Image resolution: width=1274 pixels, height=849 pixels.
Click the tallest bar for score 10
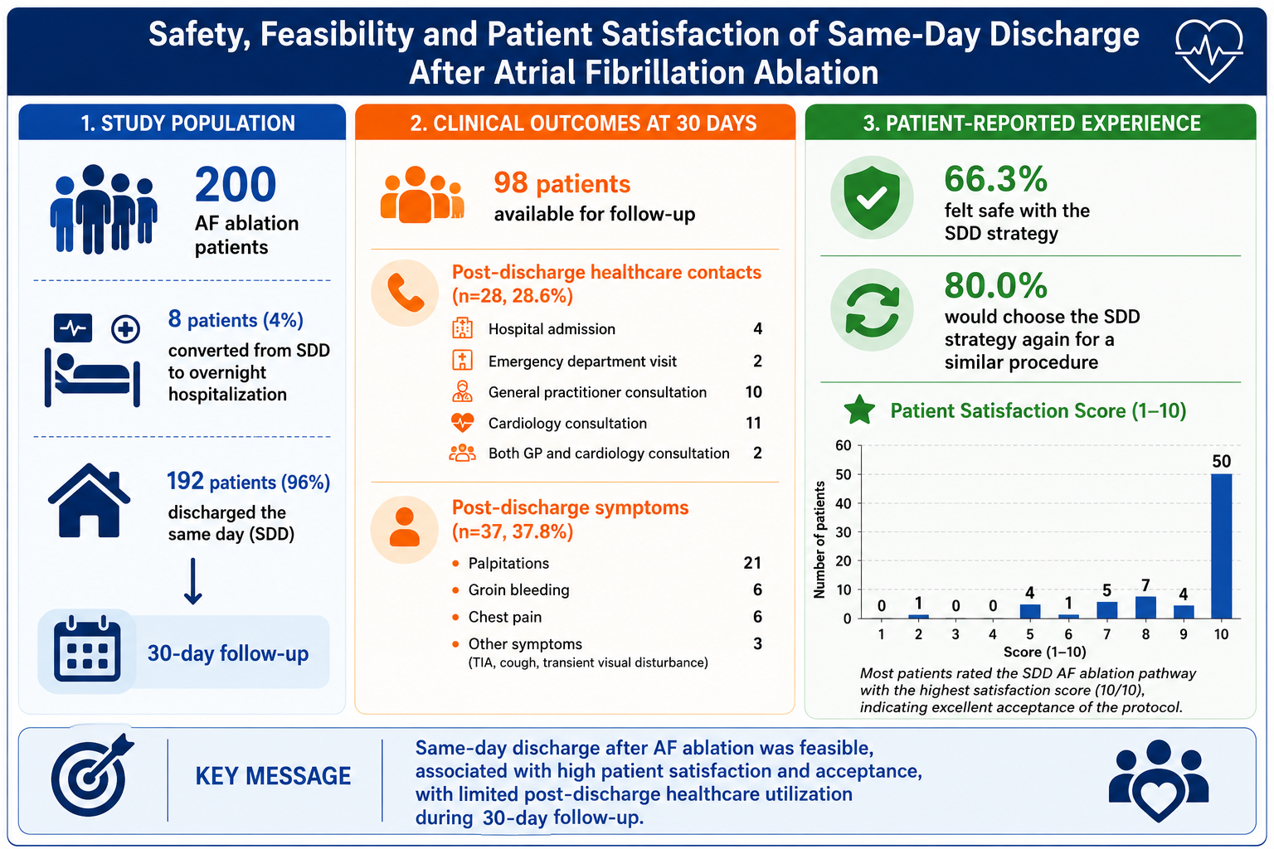point(1221,546)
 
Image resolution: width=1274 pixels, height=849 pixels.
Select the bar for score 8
point(1145,608)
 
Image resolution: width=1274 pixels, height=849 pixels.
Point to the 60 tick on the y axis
point(844,445)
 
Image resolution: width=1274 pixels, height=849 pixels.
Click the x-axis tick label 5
point(1030,634)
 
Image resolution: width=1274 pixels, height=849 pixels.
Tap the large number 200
point(236,184)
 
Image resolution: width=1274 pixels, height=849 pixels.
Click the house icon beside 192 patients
point(90,501)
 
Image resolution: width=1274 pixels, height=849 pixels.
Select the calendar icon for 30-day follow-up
point(87,648)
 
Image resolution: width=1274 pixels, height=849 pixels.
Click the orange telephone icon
point(405,293)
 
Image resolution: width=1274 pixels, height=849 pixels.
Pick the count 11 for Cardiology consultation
point(754,423)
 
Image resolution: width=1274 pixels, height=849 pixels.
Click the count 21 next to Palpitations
point(752,563)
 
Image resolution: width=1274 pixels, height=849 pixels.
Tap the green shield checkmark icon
point(872,198)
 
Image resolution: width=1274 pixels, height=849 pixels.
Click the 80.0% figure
point(996,285)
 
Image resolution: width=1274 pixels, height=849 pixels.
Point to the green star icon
point(859,410)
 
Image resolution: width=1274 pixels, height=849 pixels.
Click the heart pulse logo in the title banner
point(1209,50)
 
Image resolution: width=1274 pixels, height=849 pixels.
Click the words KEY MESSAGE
point(273,776)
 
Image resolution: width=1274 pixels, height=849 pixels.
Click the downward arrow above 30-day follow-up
point(192,580)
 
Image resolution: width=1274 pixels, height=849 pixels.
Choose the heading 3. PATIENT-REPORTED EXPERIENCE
point(1032,124)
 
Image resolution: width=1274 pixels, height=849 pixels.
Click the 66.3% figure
point(996,179)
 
